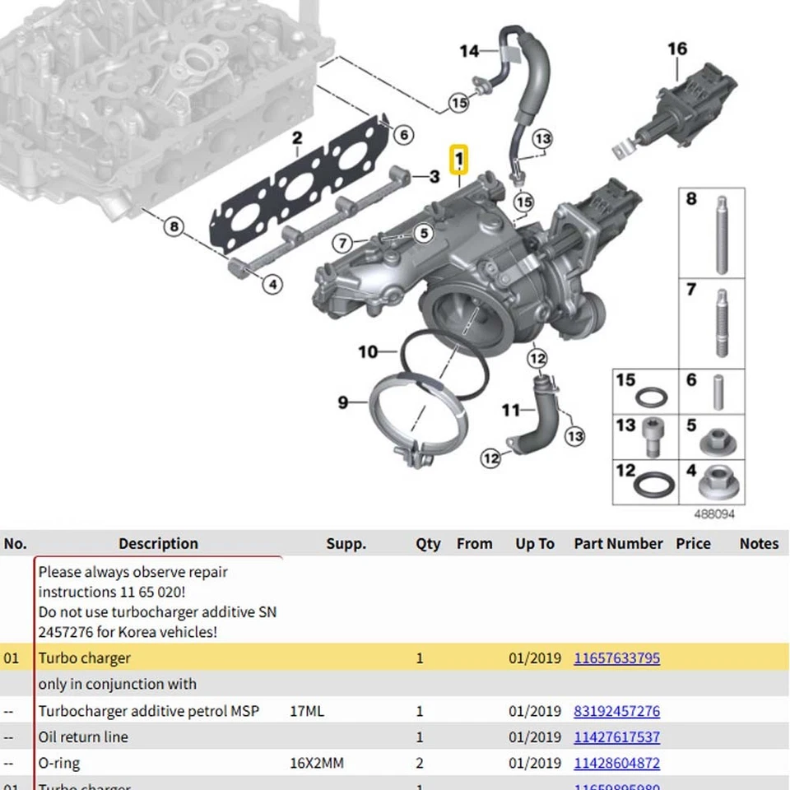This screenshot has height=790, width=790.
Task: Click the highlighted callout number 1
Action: point(458,158)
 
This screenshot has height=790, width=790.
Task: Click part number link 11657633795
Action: point(616,658)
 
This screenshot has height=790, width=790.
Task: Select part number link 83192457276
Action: point(616,711)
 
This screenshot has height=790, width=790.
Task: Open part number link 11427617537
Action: point(616,737)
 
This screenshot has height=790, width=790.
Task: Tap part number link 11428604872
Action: point(616,764)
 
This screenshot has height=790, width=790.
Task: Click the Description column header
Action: point(158,544)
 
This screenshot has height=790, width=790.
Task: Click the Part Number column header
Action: point(618,544)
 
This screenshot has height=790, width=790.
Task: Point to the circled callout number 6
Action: point(402,135)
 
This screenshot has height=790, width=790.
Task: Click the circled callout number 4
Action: point(272,285)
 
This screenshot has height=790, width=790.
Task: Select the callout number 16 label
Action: point(677,49)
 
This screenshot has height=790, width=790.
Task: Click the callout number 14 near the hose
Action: point(469,52)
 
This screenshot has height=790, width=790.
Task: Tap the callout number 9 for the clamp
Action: point(343,402)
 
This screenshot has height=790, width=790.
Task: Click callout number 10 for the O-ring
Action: point(367,352)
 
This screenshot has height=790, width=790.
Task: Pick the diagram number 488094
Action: point(713,514)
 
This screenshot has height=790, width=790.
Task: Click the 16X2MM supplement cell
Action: point(317,764)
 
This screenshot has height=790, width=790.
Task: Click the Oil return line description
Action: point(83,737)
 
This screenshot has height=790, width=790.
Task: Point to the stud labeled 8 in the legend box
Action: point(722,235)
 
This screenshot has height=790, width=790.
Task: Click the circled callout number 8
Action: point(173,226)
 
